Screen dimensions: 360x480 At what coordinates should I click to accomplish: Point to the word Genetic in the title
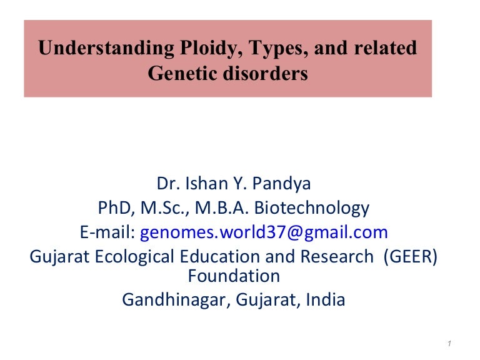click(x=179, y=74)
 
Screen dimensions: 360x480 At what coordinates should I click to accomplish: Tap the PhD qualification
click(x=114, y=208)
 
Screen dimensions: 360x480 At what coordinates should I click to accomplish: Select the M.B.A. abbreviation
click(x=232, y=208)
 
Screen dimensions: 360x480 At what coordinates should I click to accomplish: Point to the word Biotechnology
click(x=317, y=208)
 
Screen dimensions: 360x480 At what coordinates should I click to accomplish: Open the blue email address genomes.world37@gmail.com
click(x=264, y=232)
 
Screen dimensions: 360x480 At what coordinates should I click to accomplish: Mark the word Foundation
click(x=234, y=275)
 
